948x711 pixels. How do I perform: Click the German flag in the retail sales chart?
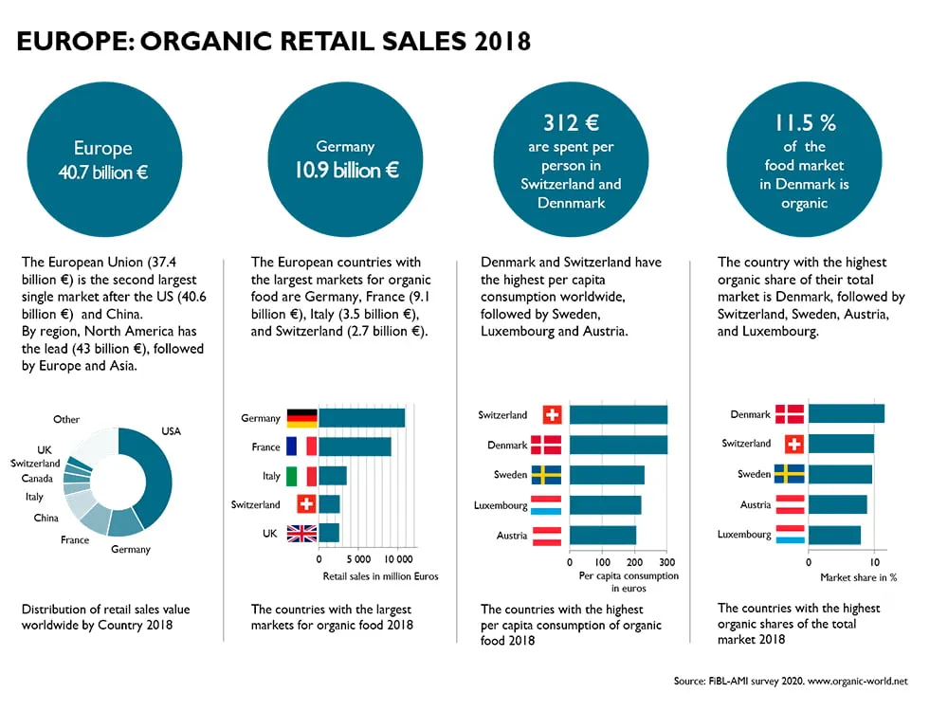(301, 418)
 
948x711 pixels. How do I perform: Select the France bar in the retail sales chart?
(355, 447)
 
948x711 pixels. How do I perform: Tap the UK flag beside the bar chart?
(301, 533)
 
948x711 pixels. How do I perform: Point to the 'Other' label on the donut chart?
(66, 419)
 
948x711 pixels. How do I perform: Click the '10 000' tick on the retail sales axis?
(398, 559)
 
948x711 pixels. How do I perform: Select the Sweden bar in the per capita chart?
(607, 475)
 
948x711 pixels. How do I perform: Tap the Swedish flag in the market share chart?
(790, 474)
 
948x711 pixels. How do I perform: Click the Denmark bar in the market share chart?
(847, 413)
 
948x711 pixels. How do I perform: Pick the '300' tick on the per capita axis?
(667, 562)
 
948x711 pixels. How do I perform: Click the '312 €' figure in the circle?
(572, 122)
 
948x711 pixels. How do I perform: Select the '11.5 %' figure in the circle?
(806, 123)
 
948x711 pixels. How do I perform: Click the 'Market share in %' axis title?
(859, 577)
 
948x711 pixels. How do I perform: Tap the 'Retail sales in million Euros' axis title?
(380, 576)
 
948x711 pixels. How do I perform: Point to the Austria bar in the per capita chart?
(603, 535)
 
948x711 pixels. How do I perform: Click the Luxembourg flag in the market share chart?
(790, 534)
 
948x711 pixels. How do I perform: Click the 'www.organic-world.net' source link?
(858, 681)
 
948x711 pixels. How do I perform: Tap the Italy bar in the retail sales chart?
(333, 476)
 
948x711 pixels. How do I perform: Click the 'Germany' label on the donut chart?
(131, 550)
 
